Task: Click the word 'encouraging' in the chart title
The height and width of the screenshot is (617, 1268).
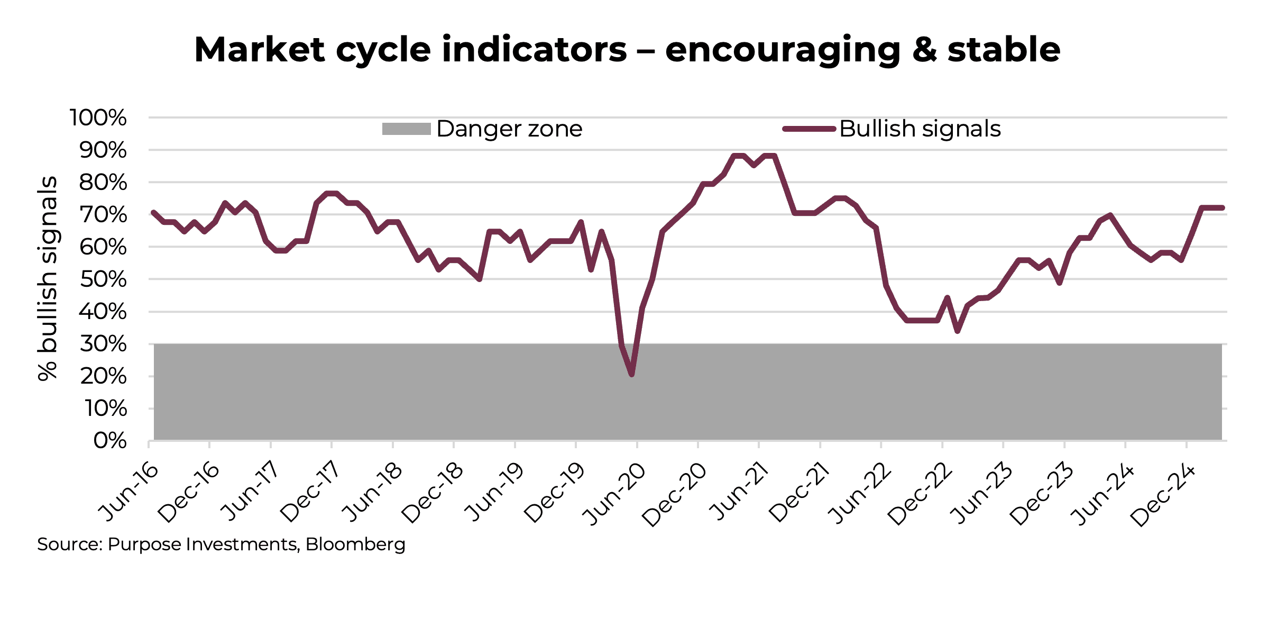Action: point(783,50)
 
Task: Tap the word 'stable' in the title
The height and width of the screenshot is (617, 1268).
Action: point(1003,50)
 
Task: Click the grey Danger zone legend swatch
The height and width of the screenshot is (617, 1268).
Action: point(406,129)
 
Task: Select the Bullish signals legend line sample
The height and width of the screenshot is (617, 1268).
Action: point(809,129)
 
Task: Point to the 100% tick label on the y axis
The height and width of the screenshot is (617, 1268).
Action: point(98,117)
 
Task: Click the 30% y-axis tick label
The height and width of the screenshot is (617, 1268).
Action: point(103,344)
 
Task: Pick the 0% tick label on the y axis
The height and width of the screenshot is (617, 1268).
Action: point(110,441)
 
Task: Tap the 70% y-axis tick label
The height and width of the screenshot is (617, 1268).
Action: point(103,215)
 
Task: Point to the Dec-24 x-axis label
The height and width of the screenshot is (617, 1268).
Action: point(1163,495)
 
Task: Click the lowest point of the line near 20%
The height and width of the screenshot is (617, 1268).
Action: point(632,375)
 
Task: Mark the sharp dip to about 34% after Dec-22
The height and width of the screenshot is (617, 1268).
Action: point(958,331)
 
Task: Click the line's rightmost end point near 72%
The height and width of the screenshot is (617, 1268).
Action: point(1222,208)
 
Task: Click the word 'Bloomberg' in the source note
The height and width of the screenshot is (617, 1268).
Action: point(355,545)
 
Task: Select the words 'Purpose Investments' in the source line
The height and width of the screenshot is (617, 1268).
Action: point(203,545)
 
